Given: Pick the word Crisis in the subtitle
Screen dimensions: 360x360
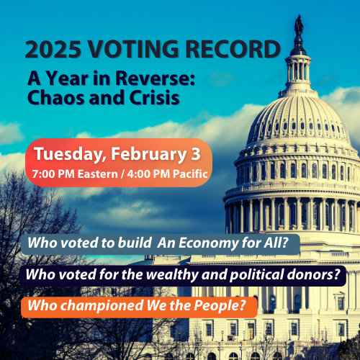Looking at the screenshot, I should click(152, 96).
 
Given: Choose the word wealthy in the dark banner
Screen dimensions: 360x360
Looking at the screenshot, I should click(164, 275).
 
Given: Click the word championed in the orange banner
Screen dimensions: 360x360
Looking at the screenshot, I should click(97, 305).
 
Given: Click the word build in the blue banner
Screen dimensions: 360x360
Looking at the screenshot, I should click(134, 244).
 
